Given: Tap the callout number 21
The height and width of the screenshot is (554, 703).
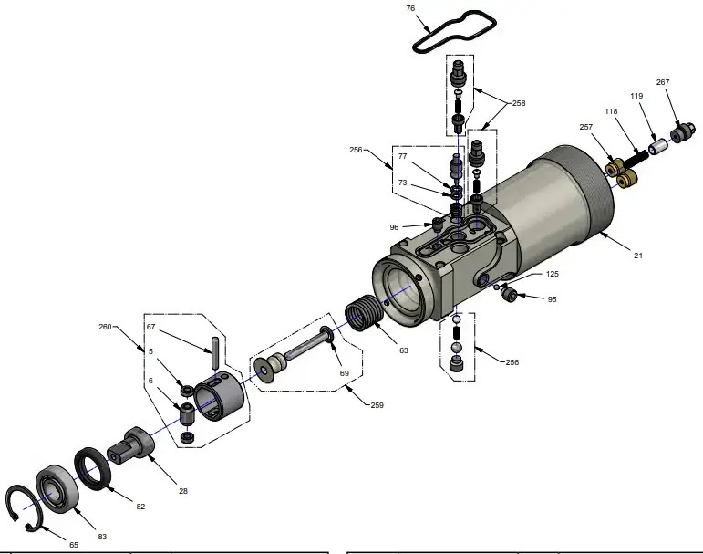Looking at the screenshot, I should tap(638, 256).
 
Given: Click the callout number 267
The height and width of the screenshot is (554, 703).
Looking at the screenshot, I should tap(663, 82).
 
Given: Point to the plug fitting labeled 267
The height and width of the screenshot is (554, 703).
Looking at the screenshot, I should tap(679, 135).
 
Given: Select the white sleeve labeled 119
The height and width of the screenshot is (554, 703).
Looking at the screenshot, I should tap(656, 145).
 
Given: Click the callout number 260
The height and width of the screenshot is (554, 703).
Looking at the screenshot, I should tap(105, 326).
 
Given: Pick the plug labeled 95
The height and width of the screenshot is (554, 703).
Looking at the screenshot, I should tap(511, 295).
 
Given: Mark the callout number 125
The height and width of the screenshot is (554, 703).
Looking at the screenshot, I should tap(553, 274).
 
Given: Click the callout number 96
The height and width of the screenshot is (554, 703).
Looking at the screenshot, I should tap(394, 227).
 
